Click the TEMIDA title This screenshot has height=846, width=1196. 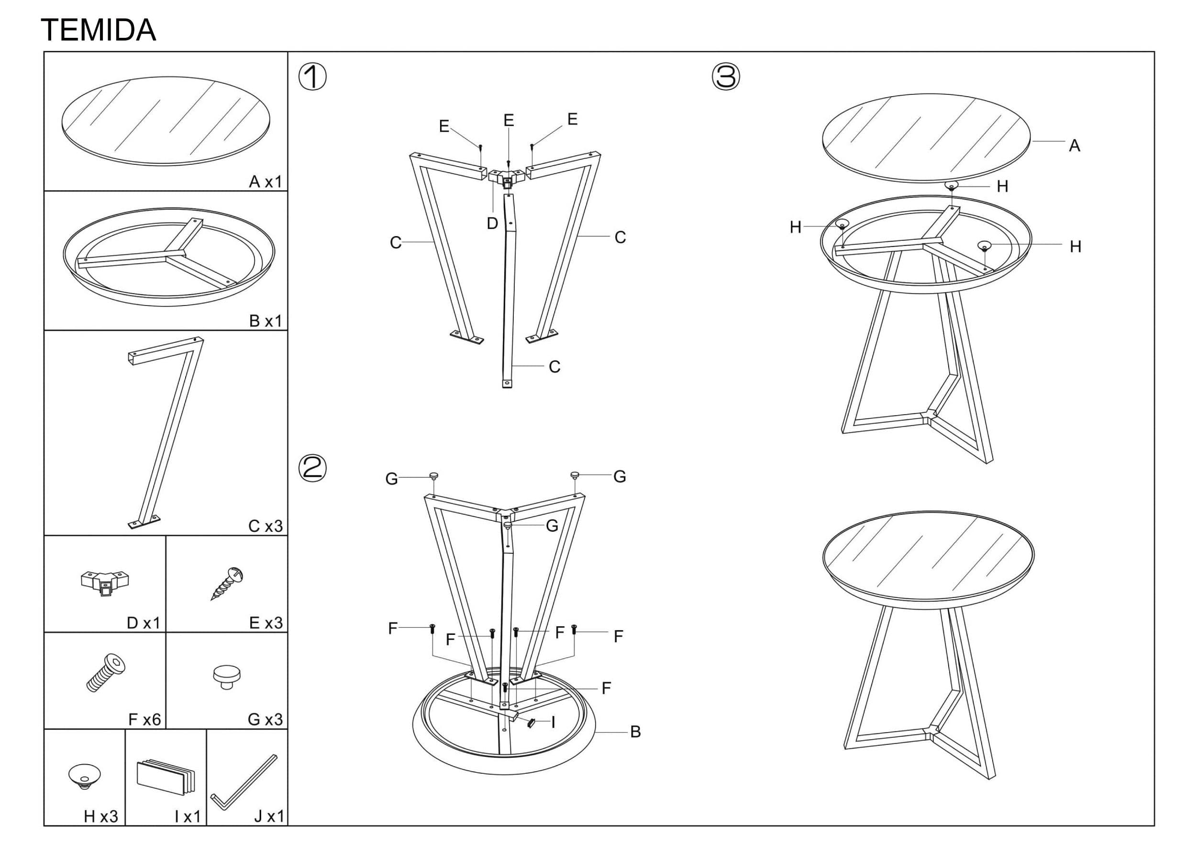click(x=99, y=30)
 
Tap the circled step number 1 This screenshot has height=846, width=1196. click(x=312, y=77)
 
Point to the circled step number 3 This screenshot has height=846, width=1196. click(x=726, y=77)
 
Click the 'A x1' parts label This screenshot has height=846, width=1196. click(x=265, y=181)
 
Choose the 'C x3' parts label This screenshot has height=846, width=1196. click(x=265, y=526)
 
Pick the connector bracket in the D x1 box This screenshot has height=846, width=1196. click(x=105, y=583)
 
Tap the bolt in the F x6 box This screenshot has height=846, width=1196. click(x=106, y=673)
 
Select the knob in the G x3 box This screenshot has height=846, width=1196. click(x=227, y=677)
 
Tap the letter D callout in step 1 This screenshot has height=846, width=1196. click(x=492, y=224)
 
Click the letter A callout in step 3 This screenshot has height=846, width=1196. click(x=1074, y=146)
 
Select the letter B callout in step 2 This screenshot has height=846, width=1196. click(x=635, y=732)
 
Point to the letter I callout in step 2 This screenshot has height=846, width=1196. click(x=553, y=722)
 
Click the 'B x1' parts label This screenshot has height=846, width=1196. click(x=265, y=321)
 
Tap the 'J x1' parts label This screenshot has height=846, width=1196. click(x=269, y=816)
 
